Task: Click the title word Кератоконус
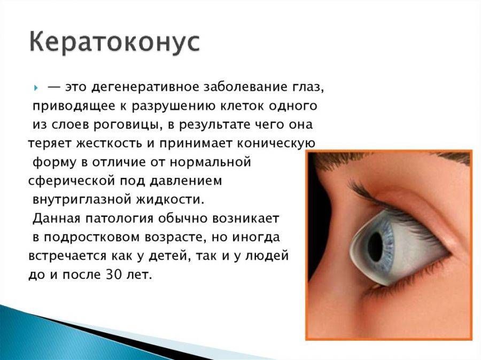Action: click(114, 42)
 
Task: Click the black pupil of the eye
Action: click(378, 245)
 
